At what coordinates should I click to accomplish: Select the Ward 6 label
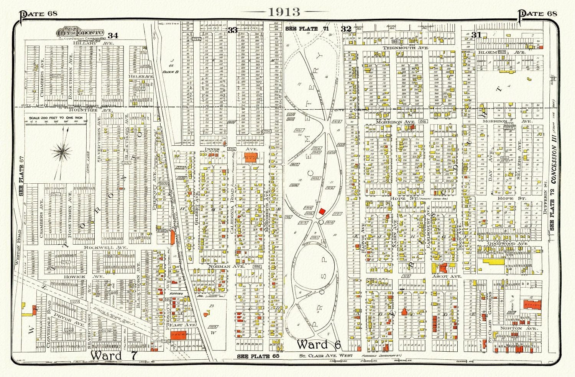coord(319,344)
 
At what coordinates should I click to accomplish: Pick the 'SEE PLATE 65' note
coord(254,356)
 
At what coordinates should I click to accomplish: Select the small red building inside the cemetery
coord(322,211)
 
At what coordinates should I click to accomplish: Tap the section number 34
coord(113,36)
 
